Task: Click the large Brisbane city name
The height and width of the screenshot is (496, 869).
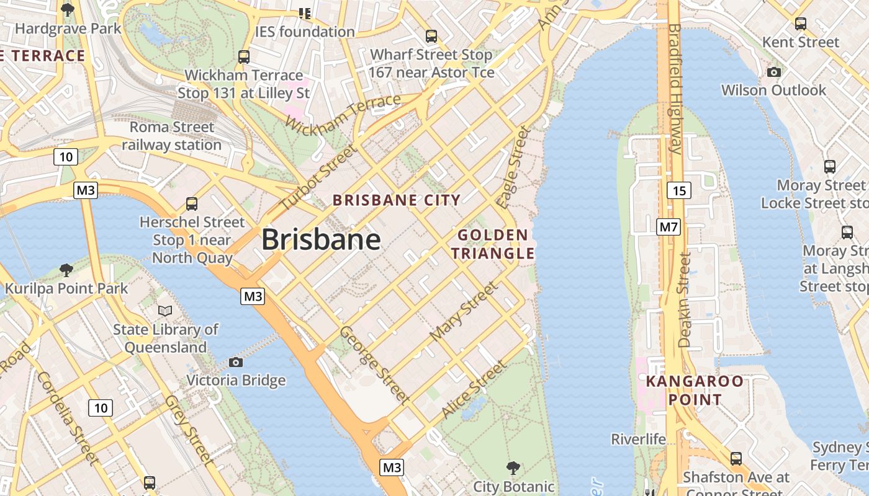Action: pyautogui.click(x=321, y=239)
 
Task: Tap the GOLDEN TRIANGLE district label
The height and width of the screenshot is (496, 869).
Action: pyautogui.click(x=492, y=244)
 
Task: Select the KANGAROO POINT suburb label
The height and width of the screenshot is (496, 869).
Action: pyautogui.click(x=695, y=390)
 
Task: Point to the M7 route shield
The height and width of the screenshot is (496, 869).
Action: pyautogui.click(x=669, y=227)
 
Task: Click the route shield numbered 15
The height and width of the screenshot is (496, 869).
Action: pyautogui.click(x=679, y=190)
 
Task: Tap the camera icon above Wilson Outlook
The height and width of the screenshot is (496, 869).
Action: pyautogui.click(x=773, y=72)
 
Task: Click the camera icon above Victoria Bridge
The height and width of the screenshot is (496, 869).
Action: pyautogui.click(x=236, y=362)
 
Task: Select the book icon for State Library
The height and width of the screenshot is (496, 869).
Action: pyautogui.click(x=165, y=311)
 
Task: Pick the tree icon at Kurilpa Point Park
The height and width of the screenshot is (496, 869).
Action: pyautogui.click(x=66, y=270)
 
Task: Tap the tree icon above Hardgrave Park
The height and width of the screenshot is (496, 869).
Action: pyautogui.click(x=68, y=10)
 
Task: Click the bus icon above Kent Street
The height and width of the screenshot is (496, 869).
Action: pyautogui.click(x=801, y=24)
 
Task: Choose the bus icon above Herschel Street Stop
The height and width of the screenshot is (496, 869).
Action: pyautogui.click(x=192, y=203)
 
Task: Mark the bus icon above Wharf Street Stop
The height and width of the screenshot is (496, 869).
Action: pyautogui.click(x=431, y=37)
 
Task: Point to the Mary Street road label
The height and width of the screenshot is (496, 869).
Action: pyautogui.click(x=464, y=311)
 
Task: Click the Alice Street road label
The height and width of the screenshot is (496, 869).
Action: pyautogui.click(x=473, y=389)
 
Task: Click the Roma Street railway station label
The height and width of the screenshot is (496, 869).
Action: pyautogui.click(x=171, y=136)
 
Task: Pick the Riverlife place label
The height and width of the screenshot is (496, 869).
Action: pyautogui.click(x=638, y=440)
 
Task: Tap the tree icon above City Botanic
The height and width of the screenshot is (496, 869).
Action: pyautogui.click(x=513, y=467)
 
